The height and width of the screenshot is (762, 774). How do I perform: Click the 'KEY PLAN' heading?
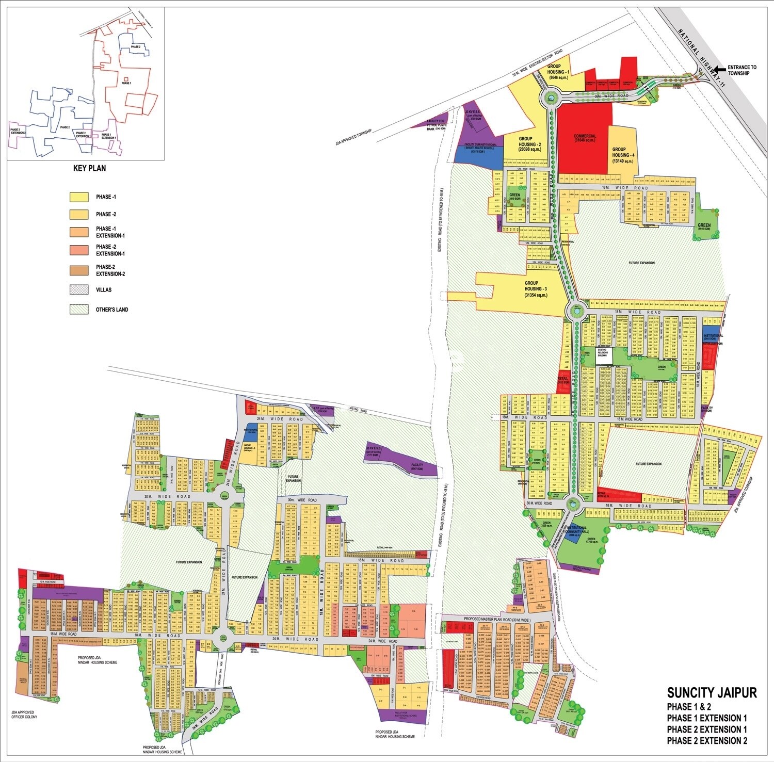click(90, 168)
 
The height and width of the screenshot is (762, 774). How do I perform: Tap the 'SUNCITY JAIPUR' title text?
click(712, 692)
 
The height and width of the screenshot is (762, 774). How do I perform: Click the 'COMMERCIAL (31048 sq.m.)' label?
click(585, 138)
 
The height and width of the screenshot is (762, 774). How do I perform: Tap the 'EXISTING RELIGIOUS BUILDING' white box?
click(603, 356)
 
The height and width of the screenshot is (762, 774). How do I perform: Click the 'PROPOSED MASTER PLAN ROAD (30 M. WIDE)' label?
click(496, 618)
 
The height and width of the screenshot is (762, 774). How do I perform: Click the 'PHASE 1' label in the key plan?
click(126, 83)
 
